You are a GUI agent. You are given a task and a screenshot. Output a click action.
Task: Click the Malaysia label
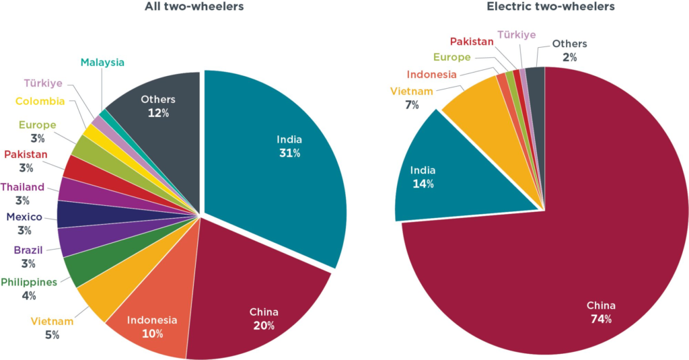tap(102, 63)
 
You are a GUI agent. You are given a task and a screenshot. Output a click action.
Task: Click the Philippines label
tap(29, 282)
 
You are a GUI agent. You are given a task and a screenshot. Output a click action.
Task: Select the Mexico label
tap(24, 217)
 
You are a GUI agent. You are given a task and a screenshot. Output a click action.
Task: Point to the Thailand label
tap(23, 187)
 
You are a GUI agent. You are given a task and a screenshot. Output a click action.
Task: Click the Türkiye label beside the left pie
tap(44, 83)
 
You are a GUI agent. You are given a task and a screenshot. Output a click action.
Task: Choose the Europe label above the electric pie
tap(451, 57)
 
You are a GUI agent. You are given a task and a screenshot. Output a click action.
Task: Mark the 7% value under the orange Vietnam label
tap(412, 105)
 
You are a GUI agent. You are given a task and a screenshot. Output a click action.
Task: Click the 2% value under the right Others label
tap(569, 57)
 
